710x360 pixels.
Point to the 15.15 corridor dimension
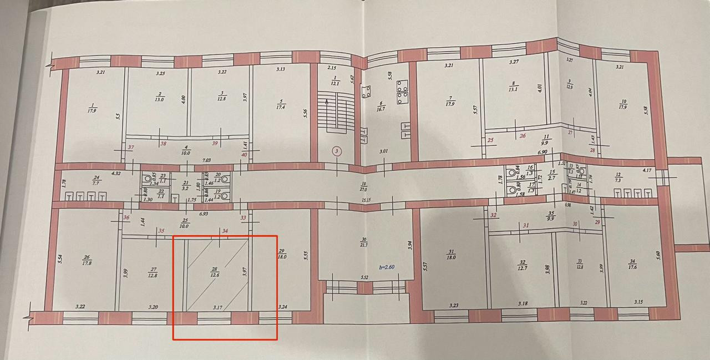click(364, 200)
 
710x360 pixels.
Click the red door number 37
click(131, 148)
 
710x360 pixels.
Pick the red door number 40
click(245, 155)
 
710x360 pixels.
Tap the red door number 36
click(126, 217)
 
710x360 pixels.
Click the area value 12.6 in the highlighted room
click(215, 274)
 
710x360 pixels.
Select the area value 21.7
click(364, 246)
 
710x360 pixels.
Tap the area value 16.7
click(381, 109)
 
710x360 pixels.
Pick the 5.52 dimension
click(365, 277)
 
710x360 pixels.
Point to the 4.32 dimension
click(117, 174)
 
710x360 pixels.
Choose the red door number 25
click(490, 140)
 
